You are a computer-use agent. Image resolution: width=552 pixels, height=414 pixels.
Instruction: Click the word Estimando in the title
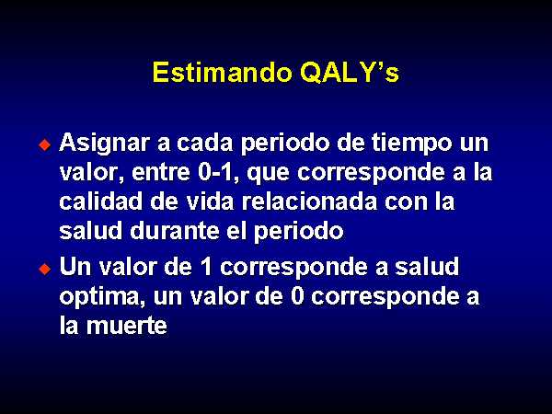[x=222, y=73]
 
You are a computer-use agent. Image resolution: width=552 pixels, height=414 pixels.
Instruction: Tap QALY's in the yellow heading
[x=350, y=73]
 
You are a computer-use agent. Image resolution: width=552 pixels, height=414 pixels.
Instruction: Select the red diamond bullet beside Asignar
[x=45, y=144]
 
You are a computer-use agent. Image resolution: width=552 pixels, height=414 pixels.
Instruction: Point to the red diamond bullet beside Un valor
[x=45, y=269]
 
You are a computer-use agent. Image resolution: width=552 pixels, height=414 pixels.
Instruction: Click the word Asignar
[x=105, y=144]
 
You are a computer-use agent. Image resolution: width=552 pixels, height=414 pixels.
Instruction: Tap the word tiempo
[x=411, y=144]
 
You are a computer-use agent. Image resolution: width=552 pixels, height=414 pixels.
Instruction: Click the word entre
[x=161, y=173]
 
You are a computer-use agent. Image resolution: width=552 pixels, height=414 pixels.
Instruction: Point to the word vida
[x=210, y=201]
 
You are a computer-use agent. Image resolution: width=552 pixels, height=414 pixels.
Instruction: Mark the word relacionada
[x=309, y=201]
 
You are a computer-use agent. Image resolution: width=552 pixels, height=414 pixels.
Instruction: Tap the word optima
[x=102, y=298]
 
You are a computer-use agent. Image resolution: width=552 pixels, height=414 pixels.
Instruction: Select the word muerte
[x=127, y=326]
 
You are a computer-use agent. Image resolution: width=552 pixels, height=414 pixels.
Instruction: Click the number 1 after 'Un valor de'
[x=205, y=267]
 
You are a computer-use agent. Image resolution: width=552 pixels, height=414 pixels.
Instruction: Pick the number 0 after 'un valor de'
[x=297, y=296]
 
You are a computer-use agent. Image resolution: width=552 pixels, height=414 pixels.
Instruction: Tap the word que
[x=269, y=175]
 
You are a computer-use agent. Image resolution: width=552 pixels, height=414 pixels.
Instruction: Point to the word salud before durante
[x=91, y=231]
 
